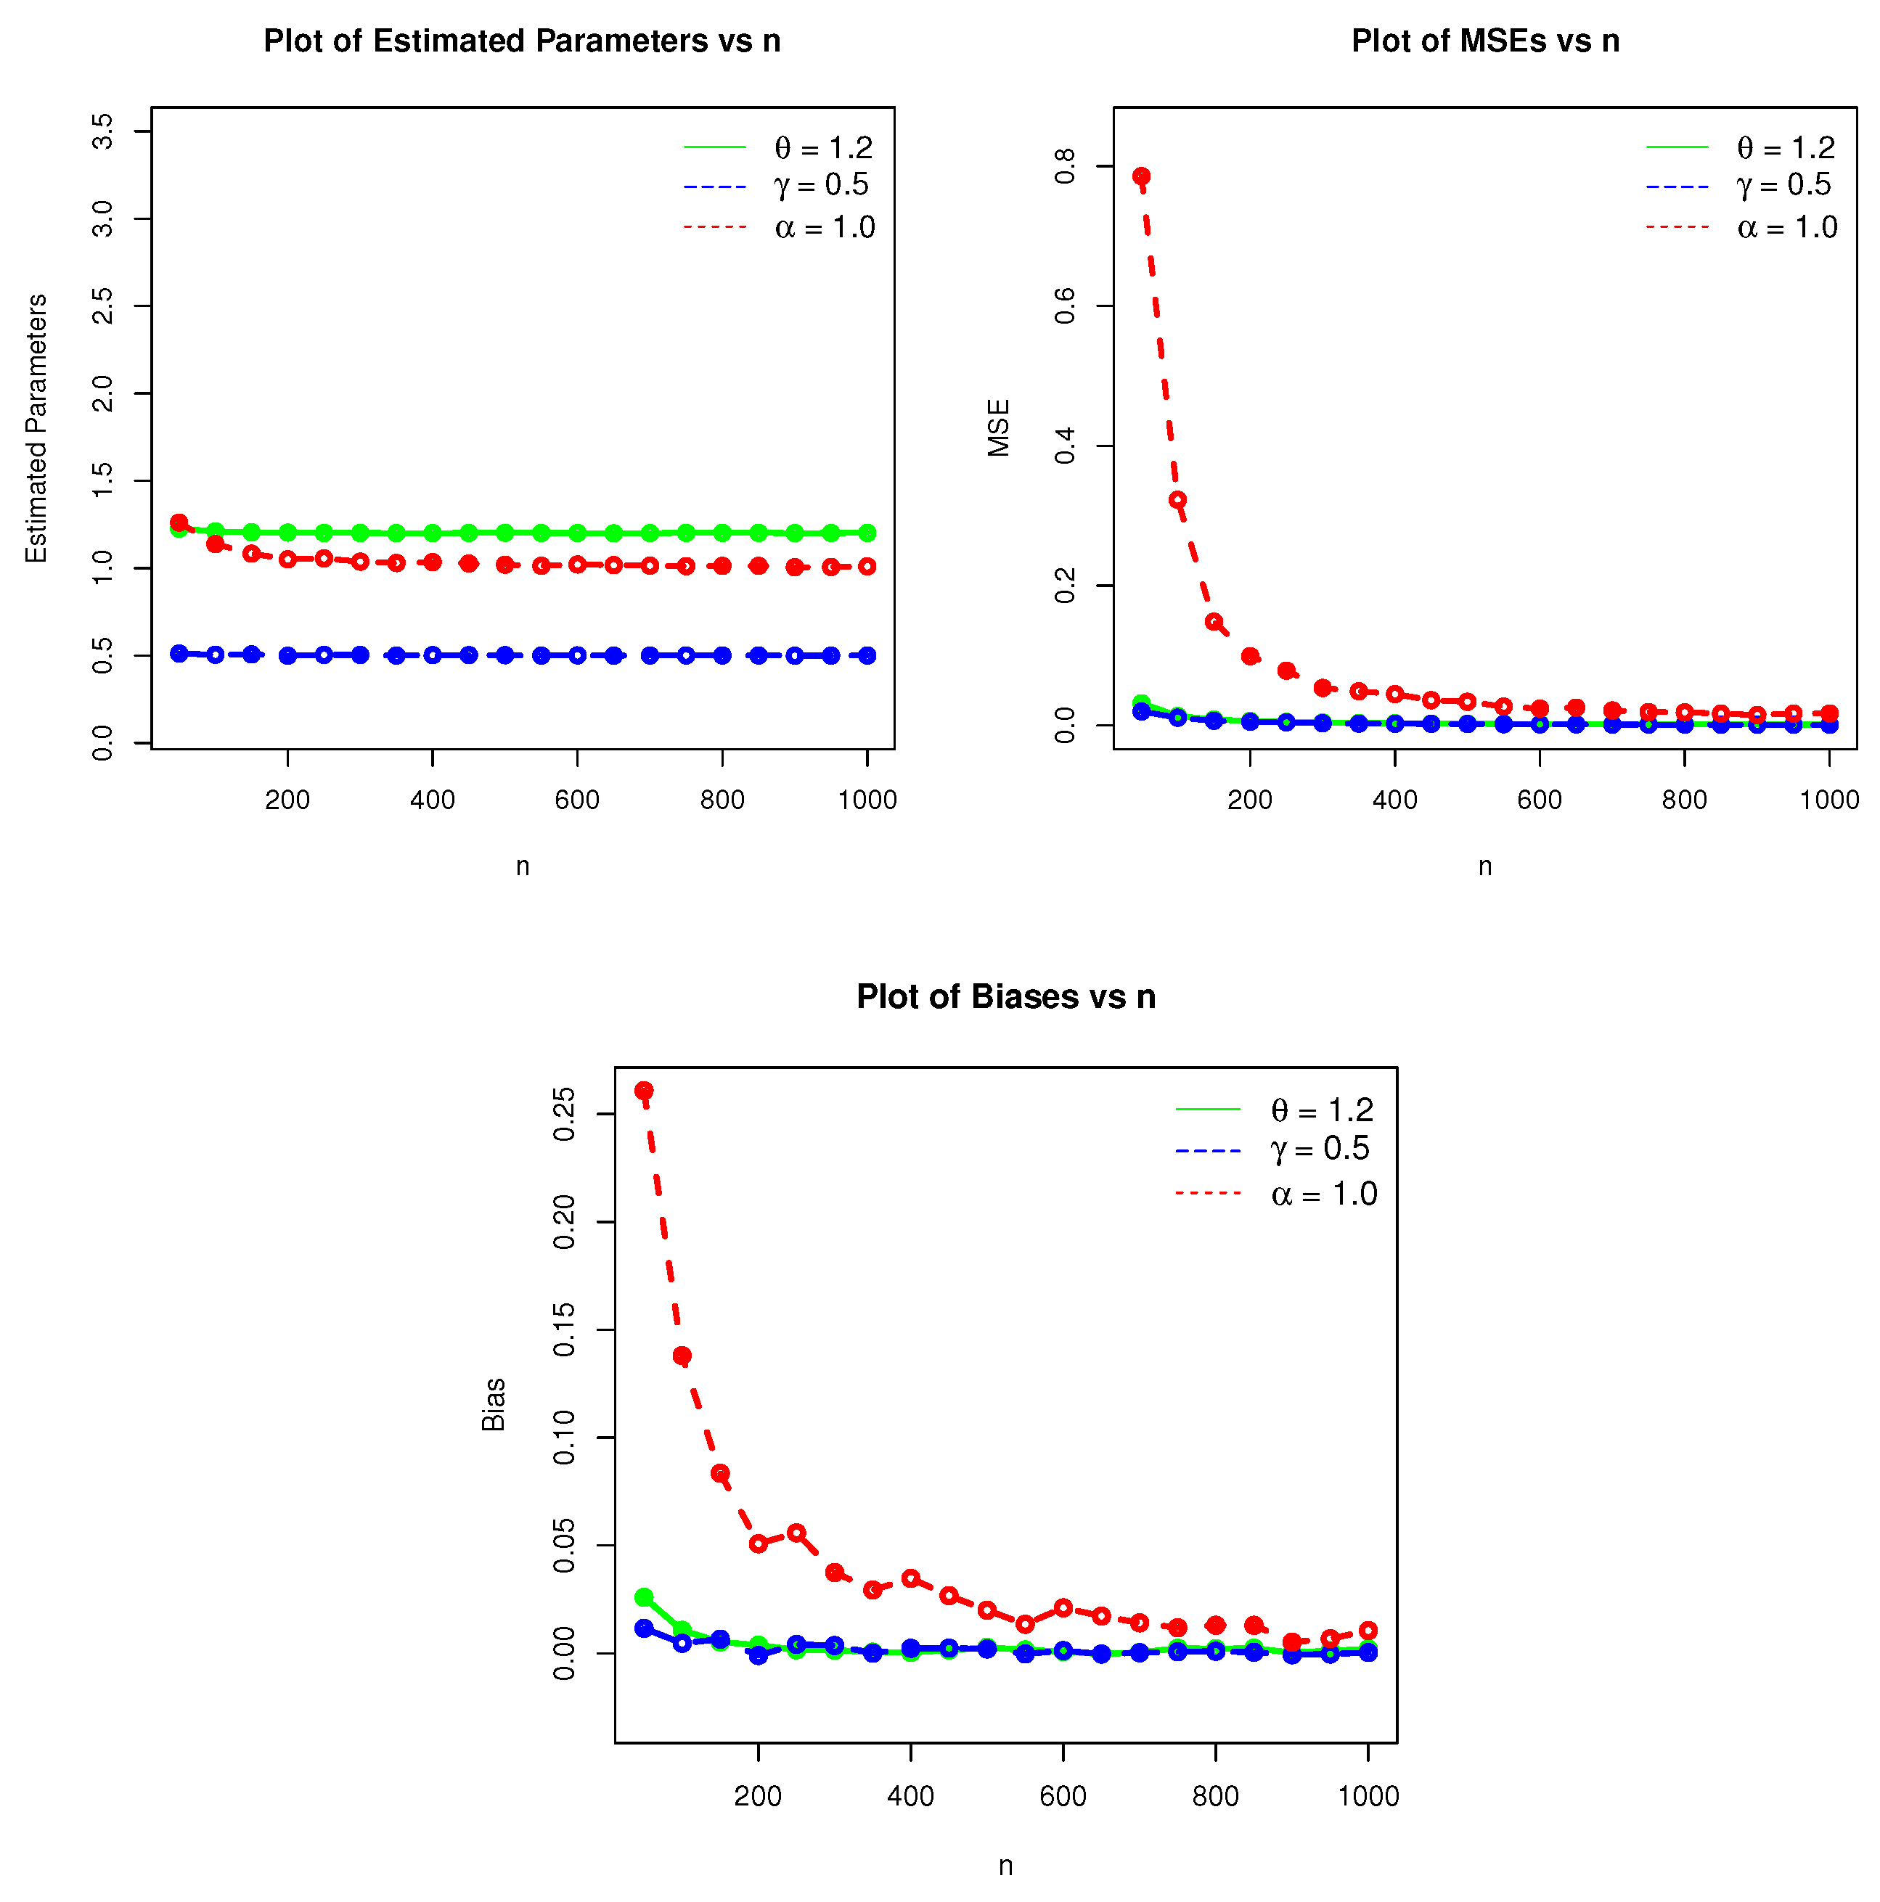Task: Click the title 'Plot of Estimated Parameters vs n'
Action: [522, 41]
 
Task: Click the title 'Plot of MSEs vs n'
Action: [1484, 41]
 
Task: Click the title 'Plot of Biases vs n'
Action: [1005, 996]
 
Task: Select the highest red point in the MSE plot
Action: [1140, 177]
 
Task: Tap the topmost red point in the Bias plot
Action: [643, 1091]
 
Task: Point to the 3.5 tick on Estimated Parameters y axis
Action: [102, 131]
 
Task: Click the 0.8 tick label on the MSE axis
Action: [1065, 166]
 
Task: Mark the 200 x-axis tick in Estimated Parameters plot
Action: [287, 800]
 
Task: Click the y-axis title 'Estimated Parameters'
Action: [36, 428]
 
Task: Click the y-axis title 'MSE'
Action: [999, 428]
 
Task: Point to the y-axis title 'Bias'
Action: [494, 1405]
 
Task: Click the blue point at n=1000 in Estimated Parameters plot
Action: [867, 656]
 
